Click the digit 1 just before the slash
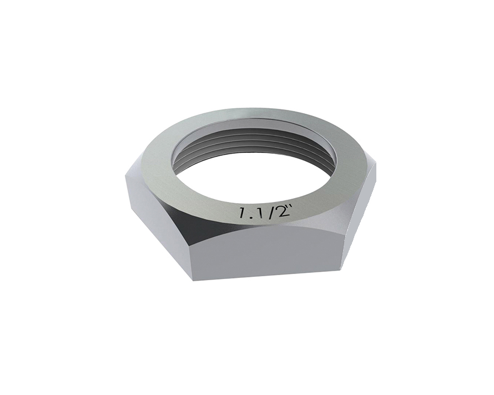(262, 211)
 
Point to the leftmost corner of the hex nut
(126, 173)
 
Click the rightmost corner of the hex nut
(376, 165)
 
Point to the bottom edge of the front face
(266, 276)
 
